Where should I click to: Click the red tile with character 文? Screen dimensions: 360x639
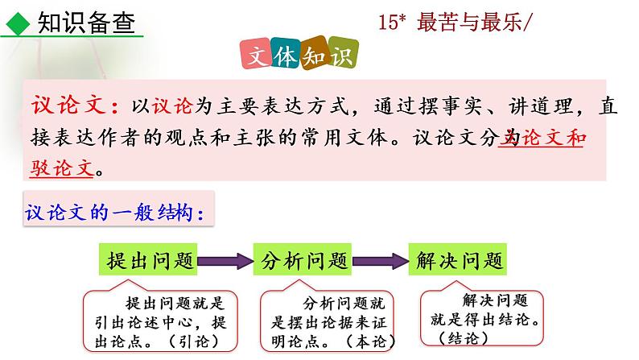coord(258,56)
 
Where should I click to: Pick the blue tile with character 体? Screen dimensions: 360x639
coord(288,54)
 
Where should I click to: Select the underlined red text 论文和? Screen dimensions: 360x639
coord(552,139)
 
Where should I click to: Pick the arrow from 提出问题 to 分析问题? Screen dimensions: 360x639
coord(225,260)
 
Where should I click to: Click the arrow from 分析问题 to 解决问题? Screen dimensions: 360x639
coord(380,260)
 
